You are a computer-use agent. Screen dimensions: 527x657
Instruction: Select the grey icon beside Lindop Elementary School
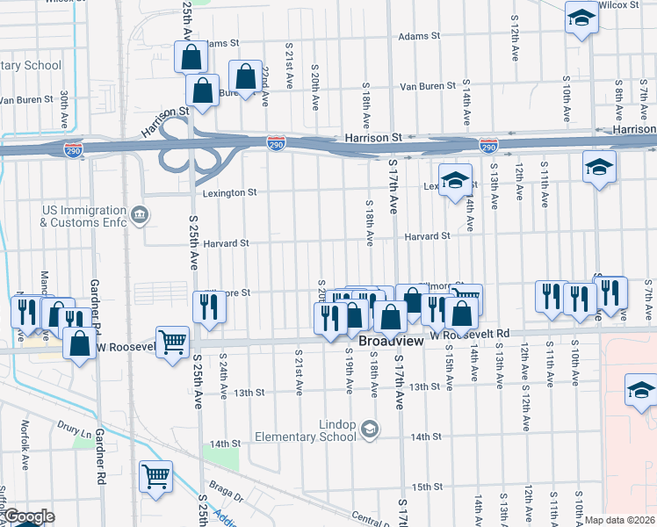(x=370, y=429)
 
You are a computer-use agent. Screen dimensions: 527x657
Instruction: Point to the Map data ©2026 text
(x=618, y=520)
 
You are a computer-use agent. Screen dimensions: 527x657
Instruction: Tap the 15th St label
(x=426, y=487)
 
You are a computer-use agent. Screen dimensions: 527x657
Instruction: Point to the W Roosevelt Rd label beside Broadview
(x=469, y=335)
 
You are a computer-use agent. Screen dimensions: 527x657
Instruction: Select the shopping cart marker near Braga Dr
(x=155, y=476)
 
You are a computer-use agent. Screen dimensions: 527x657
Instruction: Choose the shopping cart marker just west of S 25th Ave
(x=171, y=341)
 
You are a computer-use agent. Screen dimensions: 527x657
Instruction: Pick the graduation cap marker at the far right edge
(x=640, y=389)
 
